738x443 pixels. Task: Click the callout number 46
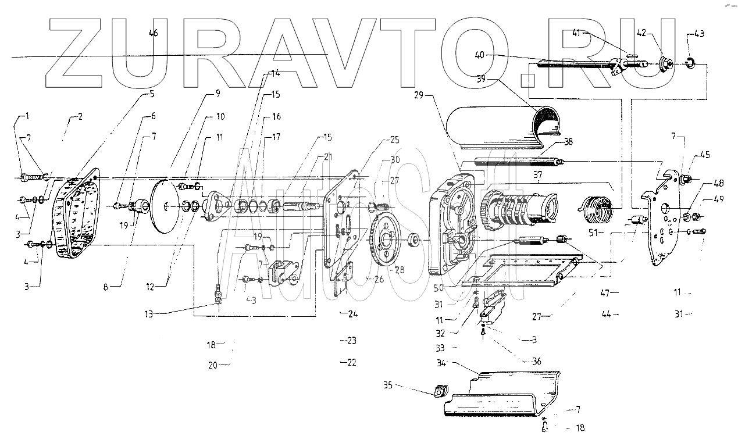coord(153,33)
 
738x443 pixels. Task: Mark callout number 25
coord(394,140)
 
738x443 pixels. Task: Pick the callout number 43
coord(698,34)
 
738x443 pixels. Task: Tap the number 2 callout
coord(80,117)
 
